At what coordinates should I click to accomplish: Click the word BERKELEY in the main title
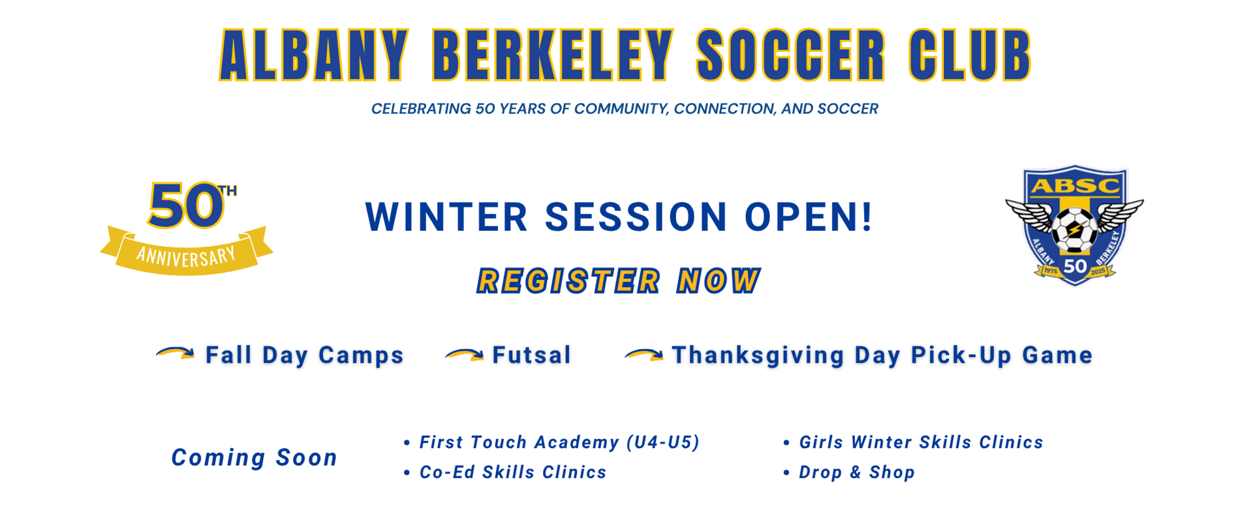(553, 55)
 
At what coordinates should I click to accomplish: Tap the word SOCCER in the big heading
(791, 55)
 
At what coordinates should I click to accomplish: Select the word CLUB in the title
(970, 55)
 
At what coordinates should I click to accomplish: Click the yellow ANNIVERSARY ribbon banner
(187, 251)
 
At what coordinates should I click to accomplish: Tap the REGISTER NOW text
(619, 281)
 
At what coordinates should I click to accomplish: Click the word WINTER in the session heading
(446, 217)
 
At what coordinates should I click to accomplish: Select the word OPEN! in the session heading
(809, 217)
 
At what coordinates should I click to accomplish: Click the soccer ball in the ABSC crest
(1074, 230)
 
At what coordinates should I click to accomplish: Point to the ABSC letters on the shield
(1075, 187)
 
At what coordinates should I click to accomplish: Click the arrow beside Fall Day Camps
(176, 353)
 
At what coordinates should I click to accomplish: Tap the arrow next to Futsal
(465, 354)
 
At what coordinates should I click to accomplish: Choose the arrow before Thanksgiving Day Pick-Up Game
(644, 354)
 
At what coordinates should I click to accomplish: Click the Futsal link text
(532, 355)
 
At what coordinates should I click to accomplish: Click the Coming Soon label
(254, 457)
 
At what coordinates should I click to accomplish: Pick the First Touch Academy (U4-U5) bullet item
(551, 442)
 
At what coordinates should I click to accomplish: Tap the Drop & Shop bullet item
(849, 472)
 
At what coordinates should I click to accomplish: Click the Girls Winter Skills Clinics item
(913, 442)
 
